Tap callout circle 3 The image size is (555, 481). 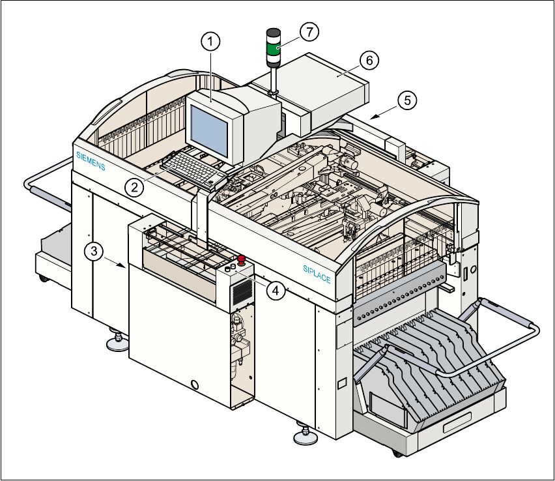96,250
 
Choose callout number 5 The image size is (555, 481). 407,100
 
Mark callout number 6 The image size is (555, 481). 368,60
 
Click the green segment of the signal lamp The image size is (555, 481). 274,48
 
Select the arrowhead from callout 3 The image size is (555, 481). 123,266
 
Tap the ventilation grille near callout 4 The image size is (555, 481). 241,293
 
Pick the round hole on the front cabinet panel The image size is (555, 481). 193,384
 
